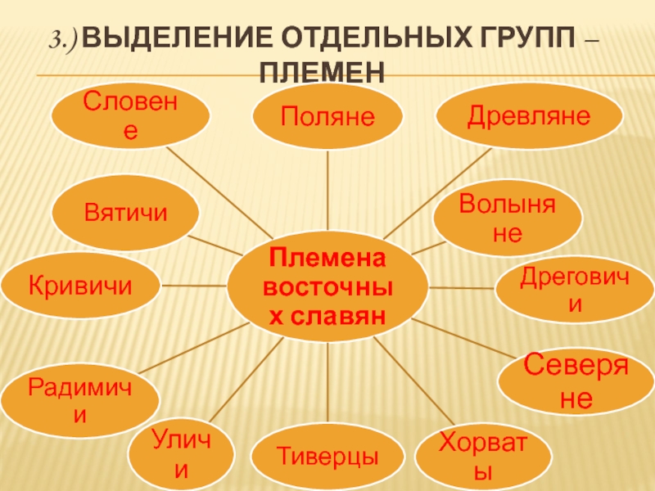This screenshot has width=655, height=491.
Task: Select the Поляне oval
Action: click(327, 116)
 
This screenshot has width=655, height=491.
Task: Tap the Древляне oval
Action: click(528, 116)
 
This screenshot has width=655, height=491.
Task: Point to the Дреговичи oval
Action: click(576, 291)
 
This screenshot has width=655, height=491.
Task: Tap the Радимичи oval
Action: click(80, 399)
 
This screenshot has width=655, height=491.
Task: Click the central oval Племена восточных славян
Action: click(327, 286)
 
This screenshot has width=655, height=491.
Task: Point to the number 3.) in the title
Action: click(65, 38)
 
